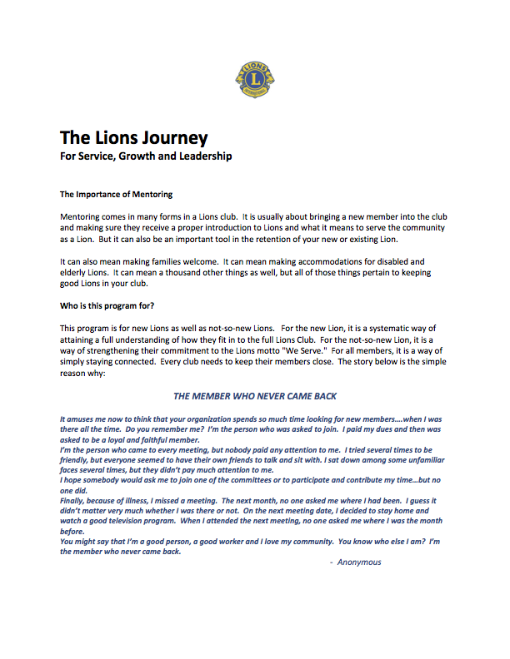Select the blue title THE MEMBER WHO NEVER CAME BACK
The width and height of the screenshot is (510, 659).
point(254,396)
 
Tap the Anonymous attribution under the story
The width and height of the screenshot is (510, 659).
point(359,562)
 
